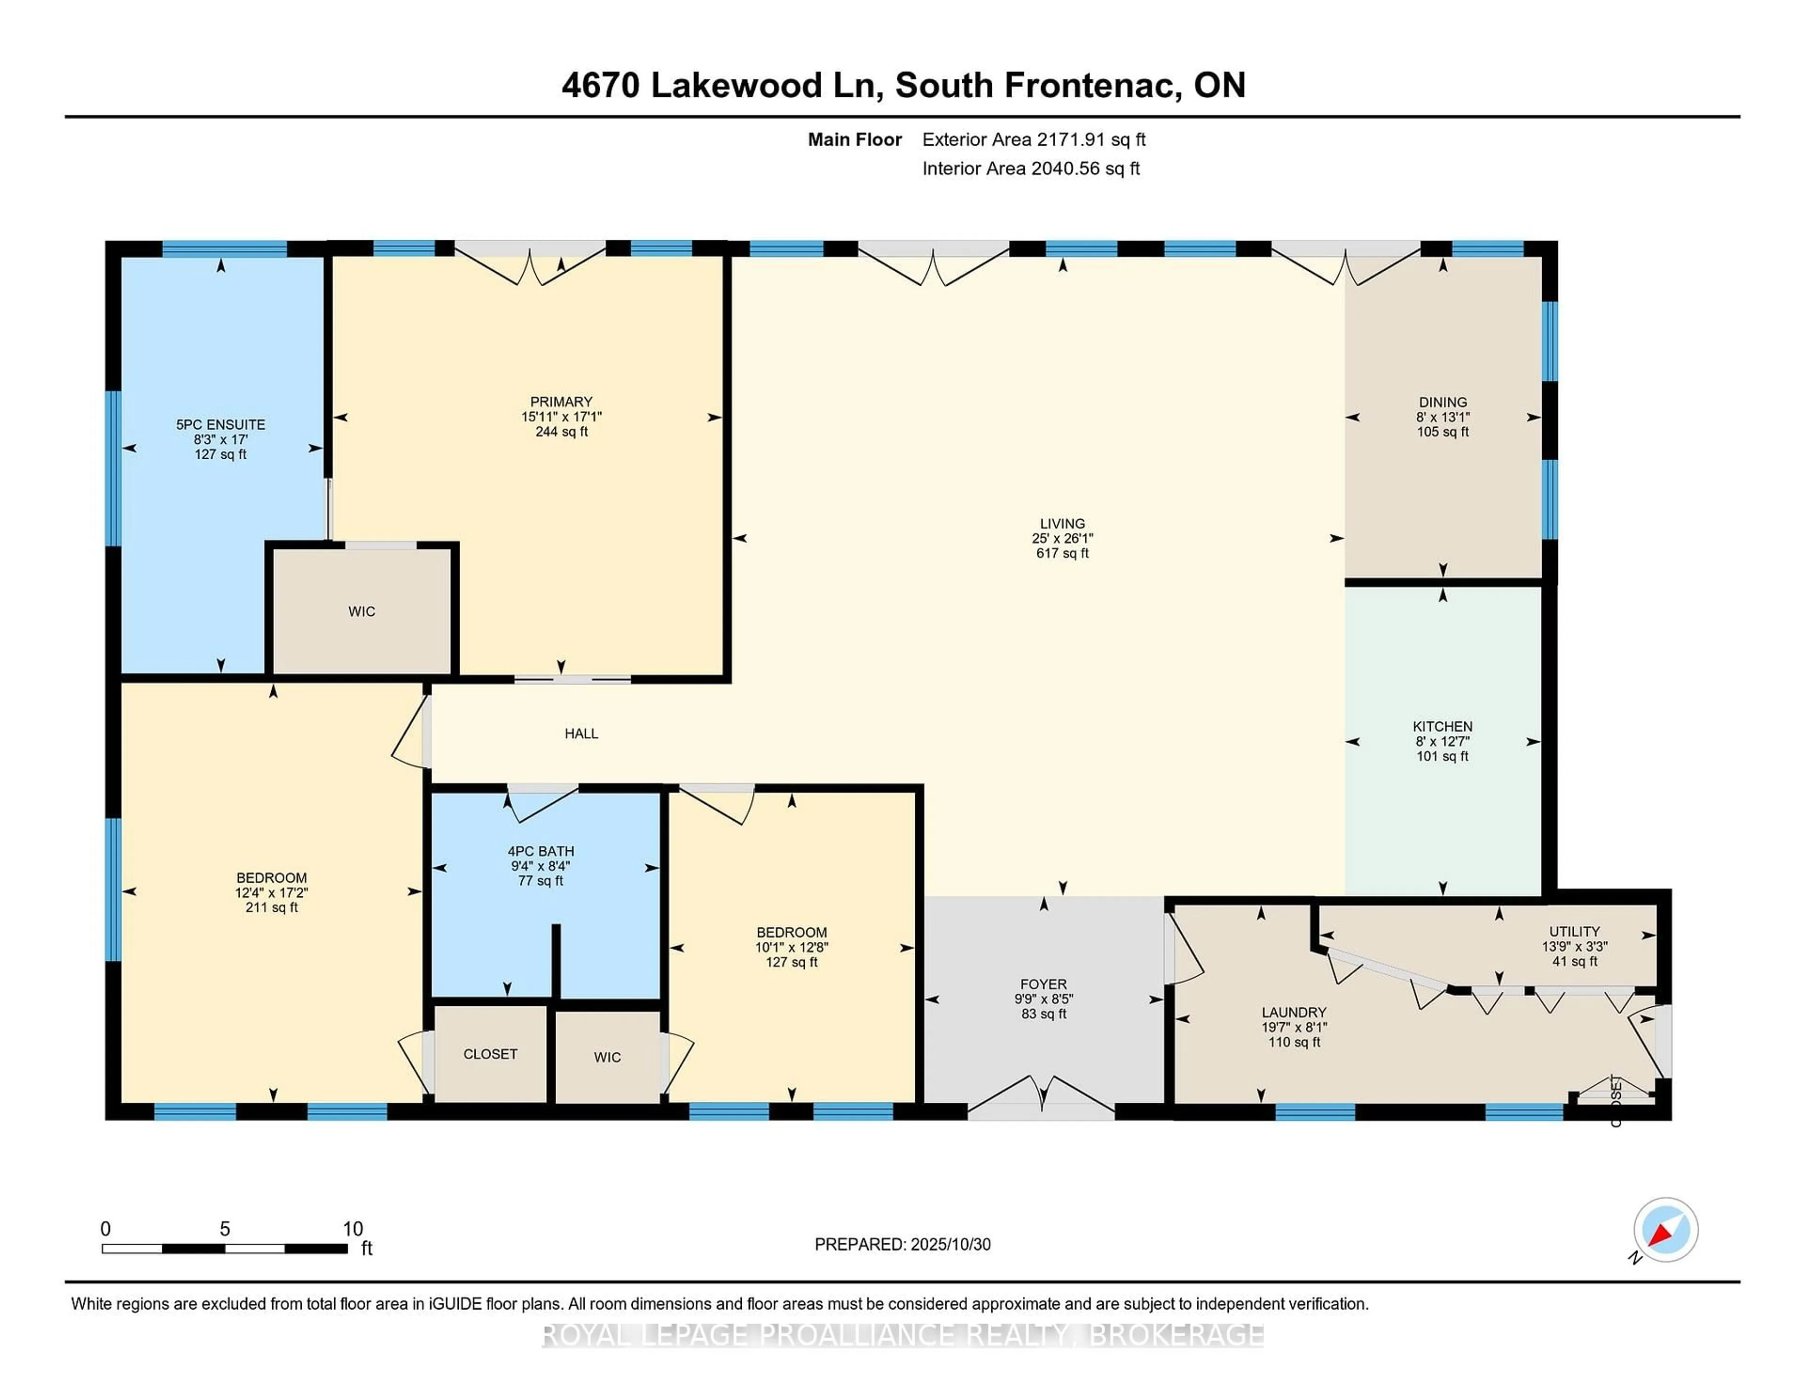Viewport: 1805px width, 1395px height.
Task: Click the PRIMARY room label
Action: [x=561, y=402]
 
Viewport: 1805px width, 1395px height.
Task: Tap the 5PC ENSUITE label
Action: [x=220, y=425]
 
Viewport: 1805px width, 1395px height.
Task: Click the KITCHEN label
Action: [x=1442, y=727]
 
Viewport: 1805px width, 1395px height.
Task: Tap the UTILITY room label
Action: [x=1574, y=932]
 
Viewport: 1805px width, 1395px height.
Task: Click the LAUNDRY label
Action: [x=1294, y=1012]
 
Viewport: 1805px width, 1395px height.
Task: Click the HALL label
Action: [x=581, y=734]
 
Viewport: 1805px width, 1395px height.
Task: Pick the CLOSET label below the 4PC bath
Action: [x=490, y=1055]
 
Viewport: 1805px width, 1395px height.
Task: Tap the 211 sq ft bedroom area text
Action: [x=271, y=908]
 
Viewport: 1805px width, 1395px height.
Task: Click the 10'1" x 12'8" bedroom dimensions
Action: [x=791, y=947]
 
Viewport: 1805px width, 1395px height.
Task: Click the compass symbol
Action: [x=1665, y=1230]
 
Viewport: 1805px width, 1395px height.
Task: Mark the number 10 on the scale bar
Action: [x=353, y=1229]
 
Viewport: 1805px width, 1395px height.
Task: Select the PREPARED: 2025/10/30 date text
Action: [x=902, y=1245]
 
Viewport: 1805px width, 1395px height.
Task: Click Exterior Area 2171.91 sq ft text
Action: [x=1033, y=140]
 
